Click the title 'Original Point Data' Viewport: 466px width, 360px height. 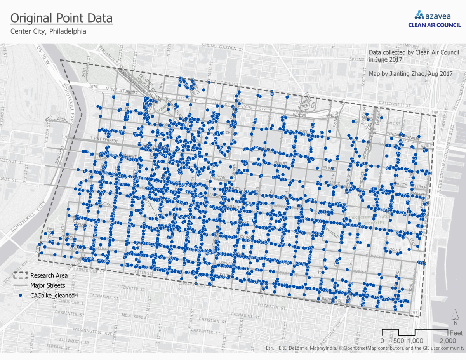coord(61,18)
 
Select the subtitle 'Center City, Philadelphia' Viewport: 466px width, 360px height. coord(48,31)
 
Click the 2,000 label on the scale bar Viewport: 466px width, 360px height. coord(448,341)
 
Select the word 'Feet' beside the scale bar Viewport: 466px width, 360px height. coord(456,333)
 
